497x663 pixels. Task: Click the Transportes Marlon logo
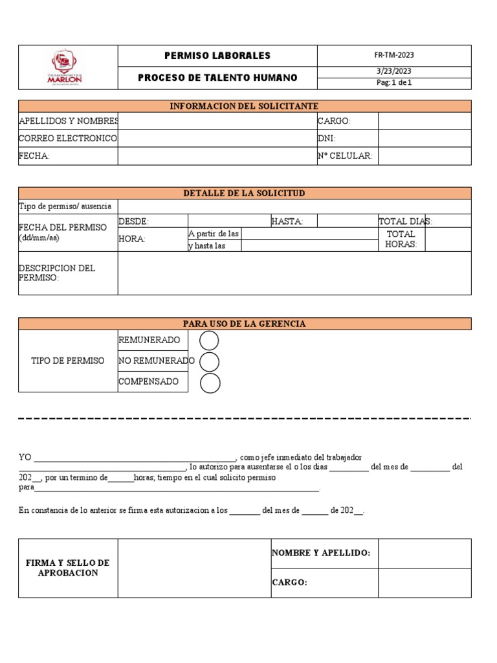tap(67, 67)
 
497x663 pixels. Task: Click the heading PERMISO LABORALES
tap(217, 56)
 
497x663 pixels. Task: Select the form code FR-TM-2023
tap(394, 56)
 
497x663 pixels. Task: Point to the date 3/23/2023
tap(394, 72)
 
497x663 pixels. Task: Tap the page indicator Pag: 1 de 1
tap(394, 83)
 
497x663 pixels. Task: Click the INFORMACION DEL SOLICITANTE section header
tap(245, 106)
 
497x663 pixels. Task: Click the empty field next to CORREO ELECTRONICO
tap(217, 139)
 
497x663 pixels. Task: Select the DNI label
tap(327, 139)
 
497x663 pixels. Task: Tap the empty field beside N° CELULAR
tap(425, 156)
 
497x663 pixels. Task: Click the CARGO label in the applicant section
tap(334, 121)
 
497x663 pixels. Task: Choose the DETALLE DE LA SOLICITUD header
tap(245, 194)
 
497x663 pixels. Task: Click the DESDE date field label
tap(134, 221)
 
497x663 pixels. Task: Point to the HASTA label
tap(287, 221)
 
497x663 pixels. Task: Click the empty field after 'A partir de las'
tap(309, 234)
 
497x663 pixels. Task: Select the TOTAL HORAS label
tap(401, 239)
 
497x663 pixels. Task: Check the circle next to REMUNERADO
tap(210, 341)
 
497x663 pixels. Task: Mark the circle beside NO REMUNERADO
tap(210, 361)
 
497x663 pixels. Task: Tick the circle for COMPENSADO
tap(210, 383)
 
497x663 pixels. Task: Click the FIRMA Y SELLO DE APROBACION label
tap(68, 568)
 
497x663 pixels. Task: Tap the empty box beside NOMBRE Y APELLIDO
tap(425, 553)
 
